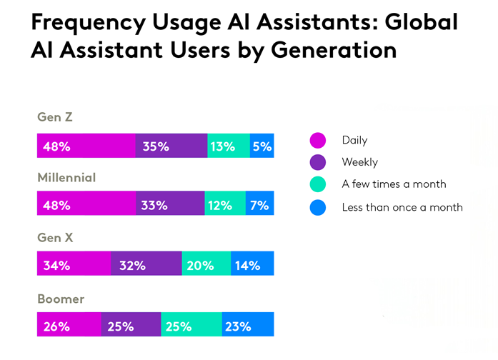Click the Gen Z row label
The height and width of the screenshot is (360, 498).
[x=54, y=117]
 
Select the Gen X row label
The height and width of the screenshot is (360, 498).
[x=55, y=238]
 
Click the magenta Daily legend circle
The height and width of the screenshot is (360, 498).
[x=317, y=140]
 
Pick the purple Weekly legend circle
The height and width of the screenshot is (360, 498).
[x=317, y=162]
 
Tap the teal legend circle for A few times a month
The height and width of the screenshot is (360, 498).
[x=317, y=184]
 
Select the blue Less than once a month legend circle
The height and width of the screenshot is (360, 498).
[x=317, y=207]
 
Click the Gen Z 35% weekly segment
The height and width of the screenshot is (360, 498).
[x=171, y=146]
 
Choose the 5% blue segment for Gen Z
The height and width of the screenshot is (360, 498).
[x=262, y=146]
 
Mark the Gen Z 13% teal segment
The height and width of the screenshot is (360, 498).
[x=229, y=146]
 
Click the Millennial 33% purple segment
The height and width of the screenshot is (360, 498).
[x=170, y=205]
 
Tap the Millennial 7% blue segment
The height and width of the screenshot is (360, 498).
[x=259, y=205]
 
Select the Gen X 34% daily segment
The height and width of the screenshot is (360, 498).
[x=74, y=265]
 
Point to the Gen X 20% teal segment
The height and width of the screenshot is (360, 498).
[x=206, y=265]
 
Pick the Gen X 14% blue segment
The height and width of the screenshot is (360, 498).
[x=252, y=265]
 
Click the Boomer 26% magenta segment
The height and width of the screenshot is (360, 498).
[x=69, y=326]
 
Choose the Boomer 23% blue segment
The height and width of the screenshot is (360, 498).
[x=247, y=326]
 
